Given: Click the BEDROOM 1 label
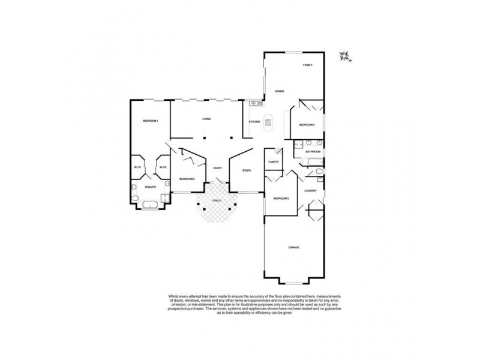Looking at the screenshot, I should (150, 121).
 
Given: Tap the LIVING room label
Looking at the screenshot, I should (206, 119).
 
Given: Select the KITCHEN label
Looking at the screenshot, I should (254, 122).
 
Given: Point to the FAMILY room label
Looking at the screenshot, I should (308, 65).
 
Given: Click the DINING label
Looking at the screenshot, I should (280, 91).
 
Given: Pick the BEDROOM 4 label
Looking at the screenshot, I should (307, 124).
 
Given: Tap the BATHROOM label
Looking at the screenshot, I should (313, 152).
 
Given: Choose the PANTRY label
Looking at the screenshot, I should (274, 162).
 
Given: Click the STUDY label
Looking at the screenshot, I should (247, 171).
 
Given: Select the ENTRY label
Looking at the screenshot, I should (218, 168).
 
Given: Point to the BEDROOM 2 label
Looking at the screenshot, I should (187, 179).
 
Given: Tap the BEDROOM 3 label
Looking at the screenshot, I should (281, 198).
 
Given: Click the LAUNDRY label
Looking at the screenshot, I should (310, 191).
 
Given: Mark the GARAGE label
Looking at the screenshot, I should (294, 247).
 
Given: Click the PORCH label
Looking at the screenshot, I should (217, 200).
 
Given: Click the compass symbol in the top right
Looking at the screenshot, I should (345, 56).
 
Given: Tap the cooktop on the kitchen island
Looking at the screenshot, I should (268, 125).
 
